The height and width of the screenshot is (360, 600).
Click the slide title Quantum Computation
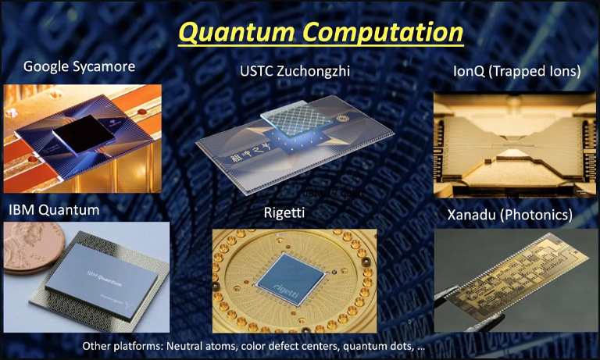coord(320,32)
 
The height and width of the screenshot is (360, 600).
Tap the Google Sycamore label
coord(79,66)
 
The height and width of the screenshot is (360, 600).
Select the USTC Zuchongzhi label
coord(295,72)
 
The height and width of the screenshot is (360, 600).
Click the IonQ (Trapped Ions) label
coord(516,71)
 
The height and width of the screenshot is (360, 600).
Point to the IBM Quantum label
coord(53,209)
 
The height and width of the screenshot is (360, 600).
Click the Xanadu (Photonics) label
coord(509,214)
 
